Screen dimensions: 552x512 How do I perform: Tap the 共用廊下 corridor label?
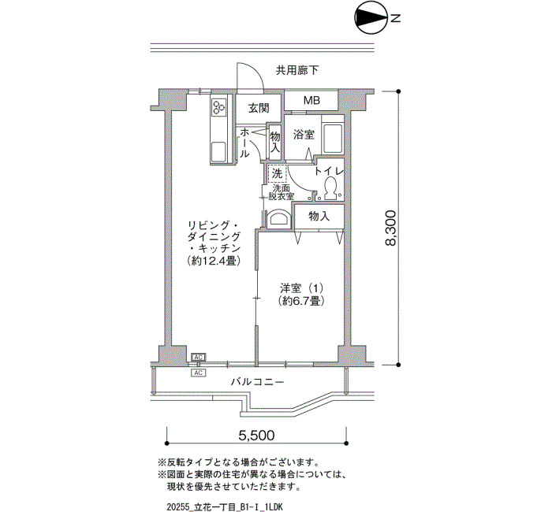tap(297, 71)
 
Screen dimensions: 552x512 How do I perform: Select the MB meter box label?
tap(311, 100)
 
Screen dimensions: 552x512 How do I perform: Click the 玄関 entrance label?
tap(259, 109)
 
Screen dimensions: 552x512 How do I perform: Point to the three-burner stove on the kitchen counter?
tap(218, 107)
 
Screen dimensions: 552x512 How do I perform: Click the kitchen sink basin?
tap(219, 151)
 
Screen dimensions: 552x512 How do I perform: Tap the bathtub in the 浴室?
tap(333, 139)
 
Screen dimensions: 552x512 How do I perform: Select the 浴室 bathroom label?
tap(304, 135)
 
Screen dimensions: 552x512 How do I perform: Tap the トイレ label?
tap(329, 171)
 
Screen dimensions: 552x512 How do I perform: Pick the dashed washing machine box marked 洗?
tap(277, 174)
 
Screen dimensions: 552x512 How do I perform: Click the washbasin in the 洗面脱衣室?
tap(279, 219)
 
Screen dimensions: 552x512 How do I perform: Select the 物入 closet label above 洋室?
tap(319, 217)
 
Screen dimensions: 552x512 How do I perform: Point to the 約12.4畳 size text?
tap(214, 261)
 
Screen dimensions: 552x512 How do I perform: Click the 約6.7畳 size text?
tap(300, 301)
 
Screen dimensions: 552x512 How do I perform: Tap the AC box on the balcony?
tap(199, 373)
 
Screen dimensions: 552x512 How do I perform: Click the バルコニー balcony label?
tap(258, 381)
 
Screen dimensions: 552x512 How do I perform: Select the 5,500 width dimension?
tap(256, 436)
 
